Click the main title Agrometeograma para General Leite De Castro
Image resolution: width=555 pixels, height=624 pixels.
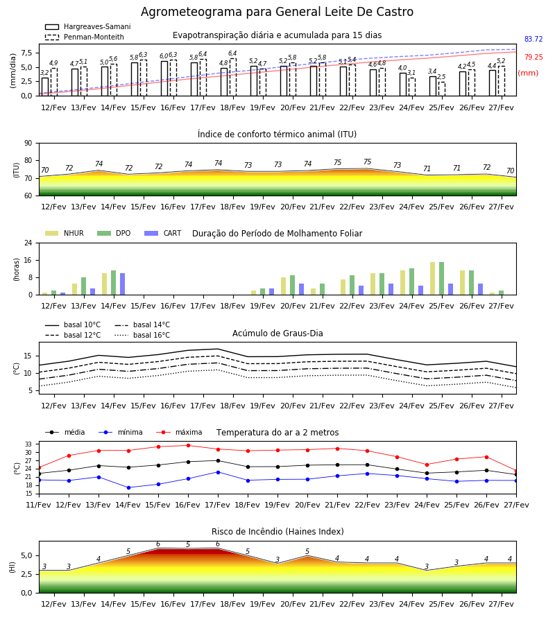coord(277,12)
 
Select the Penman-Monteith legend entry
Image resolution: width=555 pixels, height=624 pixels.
coord(85,37)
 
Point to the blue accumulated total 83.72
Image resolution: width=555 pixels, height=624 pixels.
coord(533,39)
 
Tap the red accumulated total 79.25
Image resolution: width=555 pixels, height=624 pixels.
coord(533,57)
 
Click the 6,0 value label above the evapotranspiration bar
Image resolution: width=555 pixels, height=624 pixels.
coord(164,56)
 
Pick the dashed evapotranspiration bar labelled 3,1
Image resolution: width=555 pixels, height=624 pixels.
coord(412,87)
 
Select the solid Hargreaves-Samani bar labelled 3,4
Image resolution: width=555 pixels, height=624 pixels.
coord(433,86)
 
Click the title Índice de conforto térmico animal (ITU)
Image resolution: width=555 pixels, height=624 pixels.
coord(277,134)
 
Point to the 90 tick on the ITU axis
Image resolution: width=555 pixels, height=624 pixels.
coord(28,144)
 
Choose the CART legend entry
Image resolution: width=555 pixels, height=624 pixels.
coord(163,233)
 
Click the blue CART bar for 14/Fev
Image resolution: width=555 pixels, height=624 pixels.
coord(123,284)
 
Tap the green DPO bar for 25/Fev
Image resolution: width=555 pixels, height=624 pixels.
coord(441,279)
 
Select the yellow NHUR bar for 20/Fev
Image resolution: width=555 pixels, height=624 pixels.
coord(284,286)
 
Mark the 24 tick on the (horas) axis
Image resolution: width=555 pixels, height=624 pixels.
coord(28,243)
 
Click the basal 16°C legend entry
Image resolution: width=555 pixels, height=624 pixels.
coord(142,335)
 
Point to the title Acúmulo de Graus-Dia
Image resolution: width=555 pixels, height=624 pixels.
coord(277,333)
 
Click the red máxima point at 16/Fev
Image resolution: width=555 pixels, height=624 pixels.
coord(188,445)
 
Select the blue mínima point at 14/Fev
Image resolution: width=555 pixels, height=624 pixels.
coord(128,487)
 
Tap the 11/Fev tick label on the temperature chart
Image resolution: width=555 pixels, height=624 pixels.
coord(39,505)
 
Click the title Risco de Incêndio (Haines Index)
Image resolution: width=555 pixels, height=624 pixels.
coord(277,531)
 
